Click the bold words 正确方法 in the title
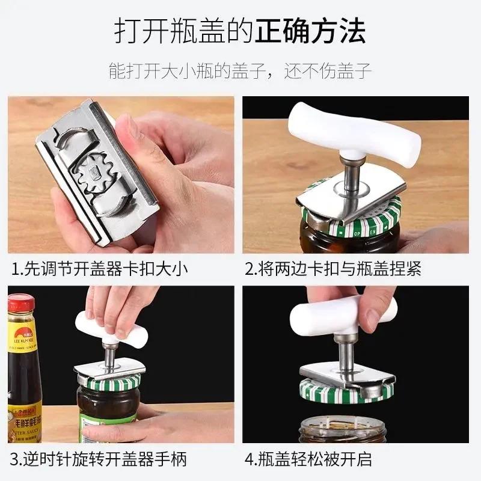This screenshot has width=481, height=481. [x=310, y=32]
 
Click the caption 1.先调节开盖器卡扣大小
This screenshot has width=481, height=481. [x=100, y=268]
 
